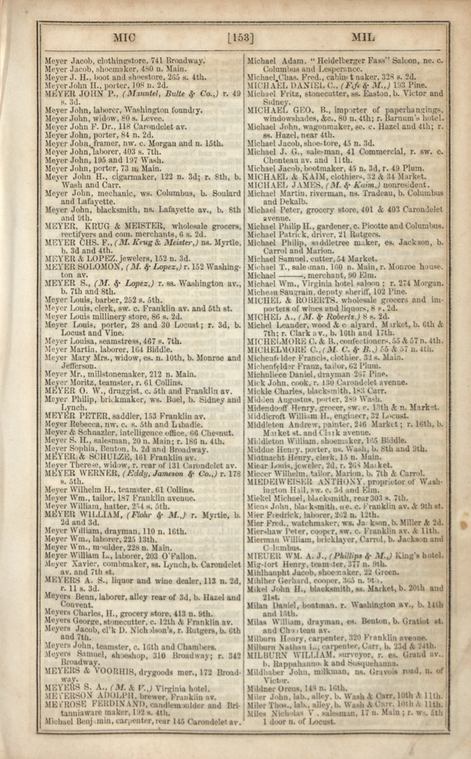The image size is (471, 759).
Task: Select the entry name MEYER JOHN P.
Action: coord(77,94)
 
